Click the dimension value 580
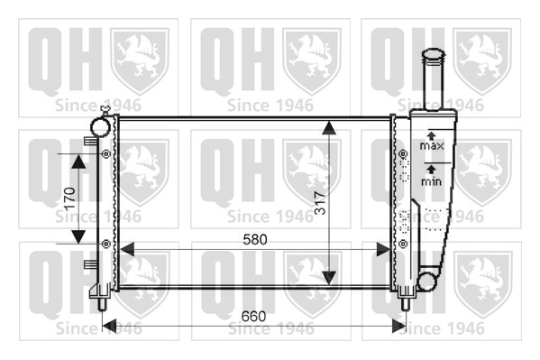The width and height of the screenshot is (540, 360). point(255,239)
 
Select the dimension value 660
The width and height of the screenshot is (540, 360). point(253,316)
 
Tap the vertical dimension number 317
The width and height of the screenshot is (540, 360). point(321,203)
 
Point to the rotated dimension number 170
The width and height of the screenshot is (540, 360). point(70,199)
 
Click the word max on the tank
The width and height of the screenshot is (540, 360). point(432,146)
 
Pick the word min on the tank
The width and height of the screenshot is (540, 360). point(431,181)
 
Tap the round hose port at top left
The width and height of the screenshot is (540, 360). point(100,126)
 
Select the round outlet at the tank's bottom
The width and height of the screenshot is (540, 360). point(426,280)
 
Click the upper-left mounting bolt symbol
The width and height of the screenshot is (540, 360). point(106,153)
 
